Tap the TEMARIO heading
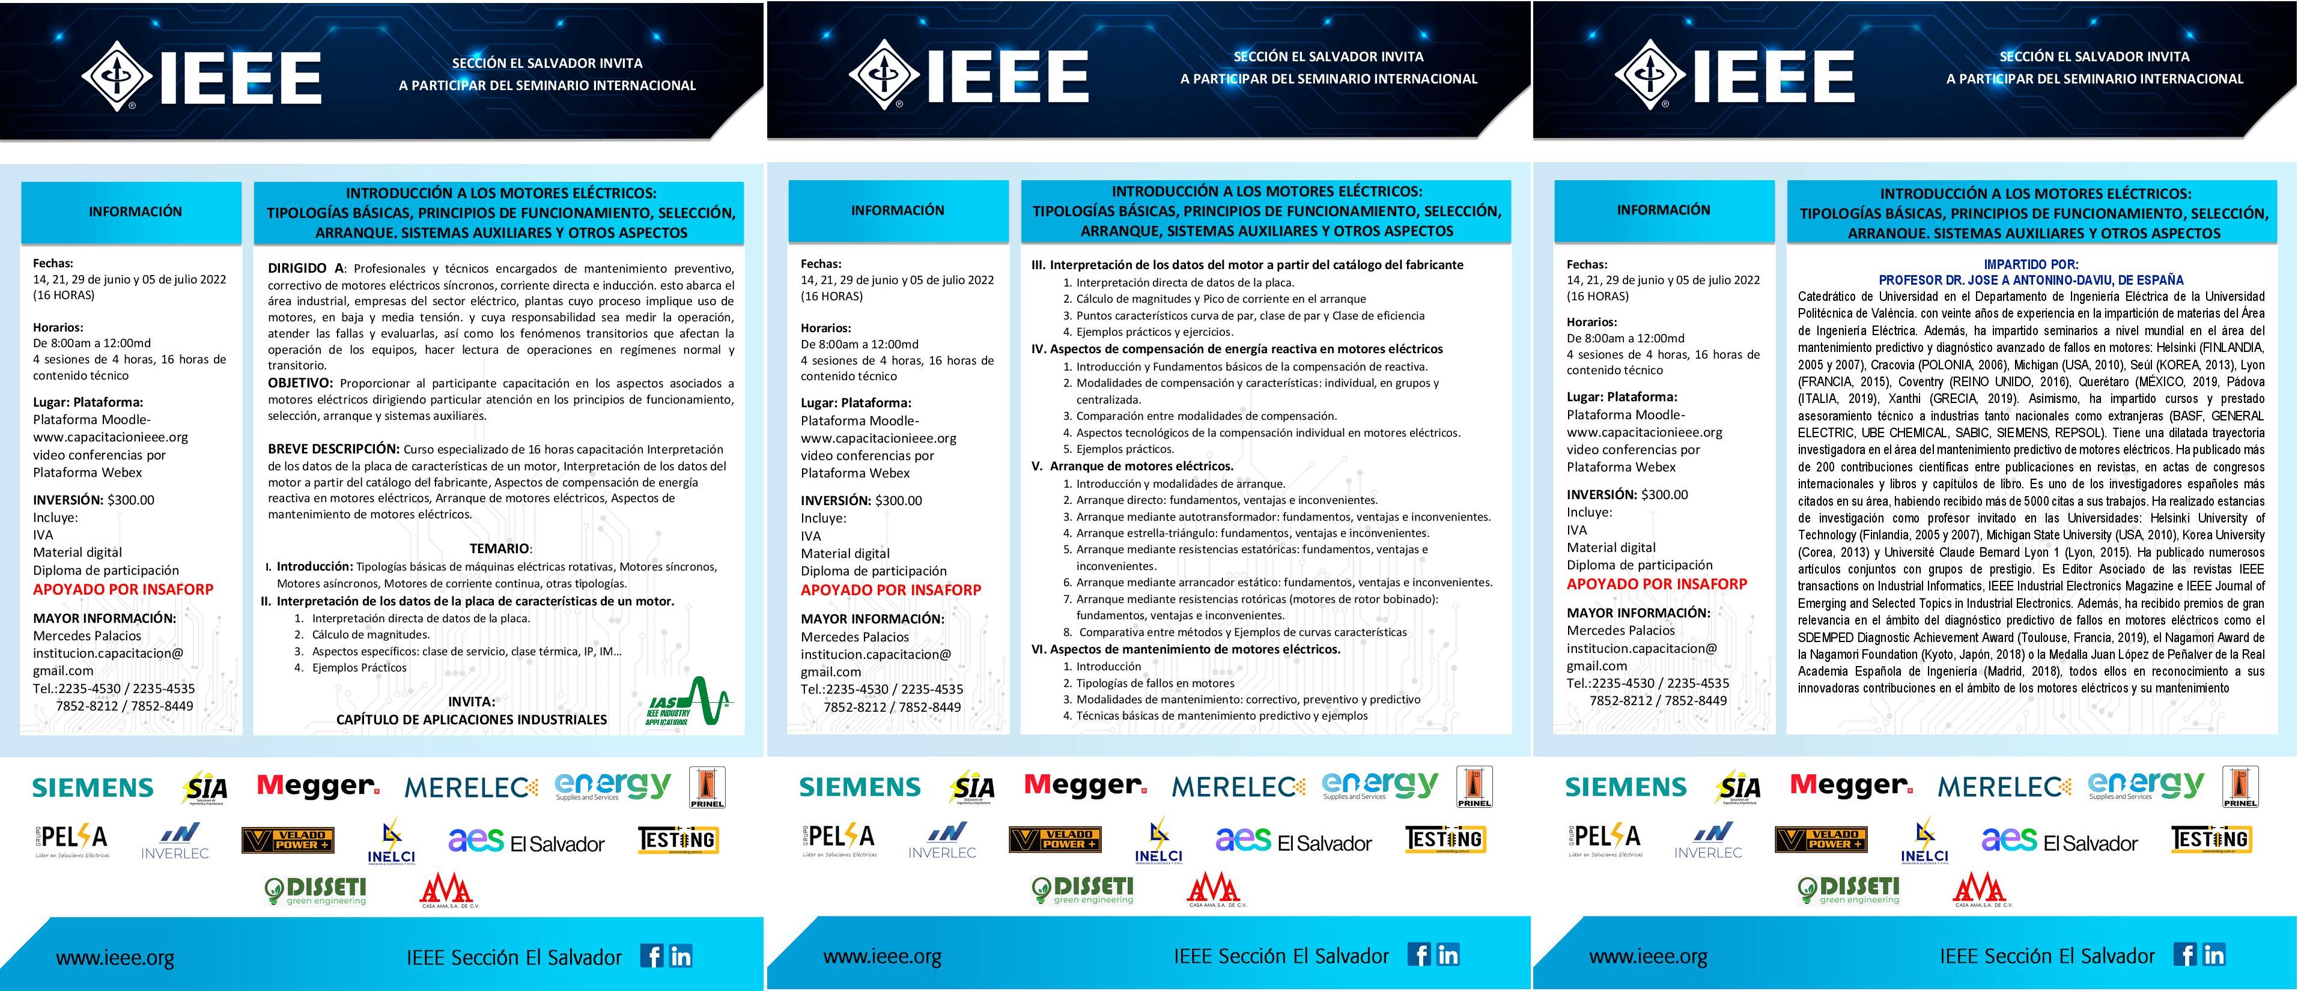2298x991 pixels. [x=500, y=548]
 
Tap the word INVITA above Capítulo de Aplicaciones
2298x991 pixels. [x=471, y=702]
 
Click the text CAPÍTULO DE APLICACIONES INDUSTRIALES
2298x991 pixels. [x=471, y=719]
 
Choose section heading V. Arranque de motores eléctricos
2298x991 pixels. [x=1133, y=465]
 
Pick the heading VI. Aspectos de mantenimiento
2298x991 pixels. [x=1187, y=649]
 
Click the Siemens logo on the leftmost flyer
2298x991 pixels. [x=94, y=787]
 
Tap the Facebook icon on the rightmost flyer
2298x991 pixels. [x=2184, y=954]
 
